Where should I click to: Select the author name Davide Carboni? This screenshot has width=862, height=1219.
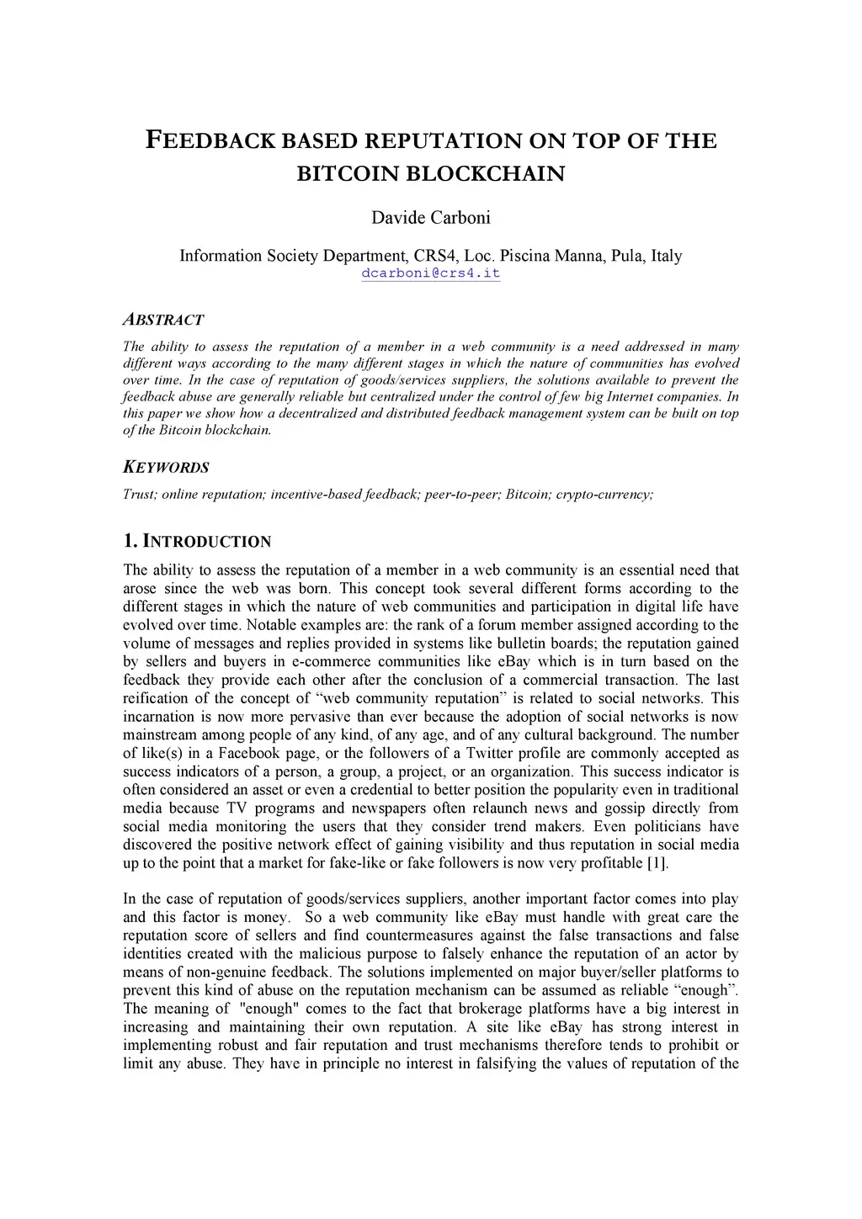pos(431,218)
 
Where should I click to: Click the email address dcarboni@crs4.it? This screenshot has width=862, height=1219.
pos(431,273)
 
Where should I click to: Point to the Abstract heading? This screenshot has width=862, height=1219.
pos(163,320)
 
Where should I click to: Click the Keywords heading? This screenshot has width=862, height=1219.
pos(166,467)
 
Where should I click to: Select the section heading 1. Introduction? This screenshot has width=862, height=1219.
pos(197,541)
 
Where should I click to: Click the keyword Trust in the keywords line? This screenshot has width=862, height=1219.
pos(139,494)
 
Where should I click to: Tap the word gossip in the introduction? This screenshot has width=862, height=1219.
pos(622,808)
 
